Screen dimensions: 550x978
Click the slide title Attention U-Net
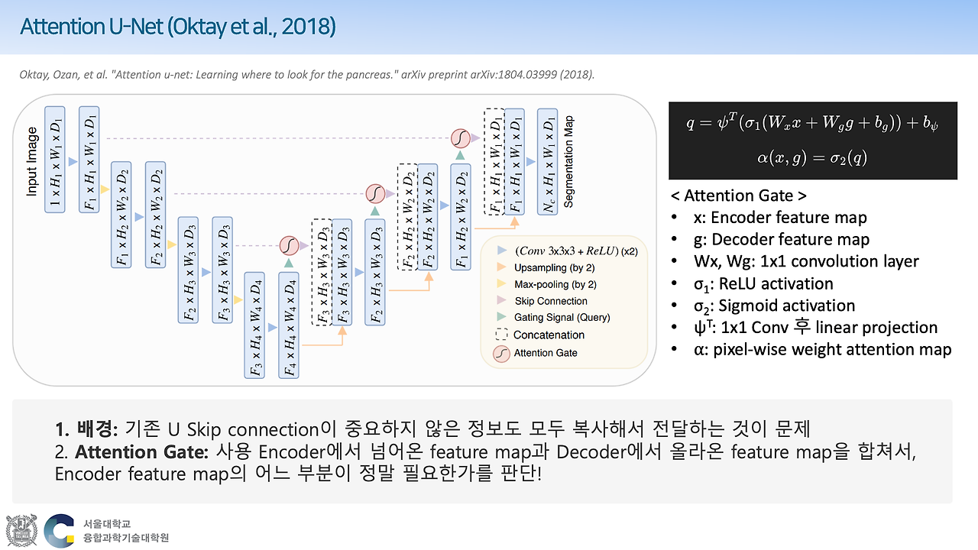[177, 27]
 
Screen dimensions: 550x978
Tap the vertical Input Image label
[32, 163]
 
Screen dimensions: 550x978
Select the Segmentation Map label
[568, 162]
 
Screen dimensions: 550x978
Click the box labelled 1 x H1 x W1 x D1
[56, 159]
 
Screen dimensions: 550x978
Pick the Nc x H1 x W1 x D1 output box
[547, 161]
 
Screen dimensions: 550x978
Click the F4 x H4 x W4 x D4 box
[290, 324]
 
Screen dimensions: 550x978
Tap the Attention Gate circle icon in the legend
[501, 353]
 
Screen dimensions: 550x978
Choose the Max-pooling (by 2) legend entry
[555, 284]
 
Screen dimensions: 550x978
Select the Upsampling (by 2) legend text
[555, 267]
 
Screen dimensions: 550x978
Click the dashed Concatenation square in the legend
[501, 335]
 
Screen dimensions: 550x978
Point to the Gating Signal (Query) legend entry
[562, 317]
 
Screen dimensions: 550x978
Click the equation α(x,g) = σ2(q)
[813, 158]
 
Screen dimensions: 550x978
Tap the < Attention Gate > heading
[738, 195]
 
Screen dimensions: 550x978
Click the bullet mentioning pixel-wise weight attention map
[821, 349]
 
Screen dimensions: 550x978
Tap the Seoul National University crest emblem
[21, 531]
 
